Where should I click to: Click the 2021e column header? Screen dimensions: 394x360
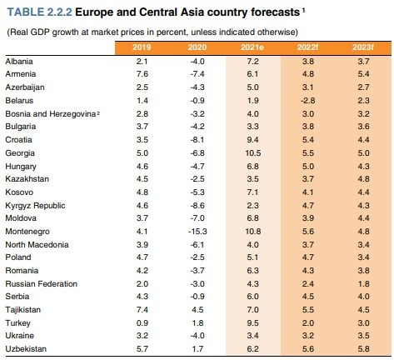[252, 47]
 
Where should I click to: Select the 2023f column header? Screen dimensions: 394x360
[363, 47]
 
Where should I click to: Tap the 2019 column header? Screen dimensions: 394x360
[142, 47]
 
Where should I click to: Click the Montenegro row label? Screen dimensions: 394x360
[27, 232]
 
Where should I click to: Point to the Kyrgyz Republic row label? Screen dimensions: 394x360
[35, 206]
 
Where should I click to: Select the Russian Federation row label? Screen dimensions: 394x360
[42, 284]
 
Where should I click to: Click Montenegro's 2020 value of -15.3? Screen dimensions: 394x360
[197, 232]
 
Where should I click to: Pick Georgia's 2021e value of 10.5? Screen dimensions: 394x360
[253, 153]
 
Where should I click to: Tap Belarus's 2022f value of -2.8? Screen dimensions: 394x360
[308, 101]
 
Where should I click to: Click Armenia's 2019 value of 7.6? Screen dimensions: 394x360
[142, 74]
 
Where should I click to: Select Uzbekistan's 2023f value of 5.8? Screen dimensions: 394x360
[363, 349]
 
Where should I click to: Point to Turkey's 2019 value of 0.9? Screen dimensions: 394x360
[142, 323]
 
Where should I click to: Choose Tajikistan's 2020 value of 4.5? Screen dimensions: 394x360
[197, 310]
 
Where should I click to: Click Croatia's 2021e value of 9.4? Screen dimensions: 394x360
[252, 140]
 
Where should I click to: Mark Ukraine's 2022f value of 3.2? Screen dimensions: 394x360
[308, 336]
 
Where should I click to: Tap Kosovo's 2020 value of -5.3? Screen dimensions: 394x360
[197, 192]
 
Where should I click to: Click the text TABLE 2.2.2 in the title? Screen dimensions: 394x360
[40, 12]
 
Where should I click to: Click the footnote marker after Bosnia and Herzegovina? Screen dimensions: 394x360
[98, 112]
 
